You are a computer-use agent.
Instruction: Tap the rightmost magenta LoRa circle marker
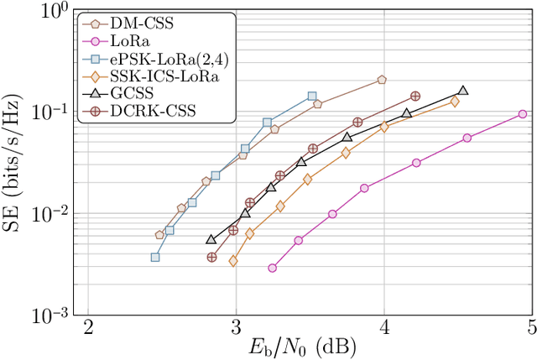point(523,114)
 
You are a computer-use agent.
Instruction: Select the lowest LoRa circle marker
point(273,268)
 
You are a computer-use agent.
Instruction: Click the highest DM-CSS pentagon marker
point(382,80)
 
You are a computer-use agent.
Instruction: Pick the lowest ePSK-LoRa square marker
point(155,257)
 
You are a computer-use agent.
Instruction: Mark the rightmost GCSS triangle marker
point(463,91)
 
